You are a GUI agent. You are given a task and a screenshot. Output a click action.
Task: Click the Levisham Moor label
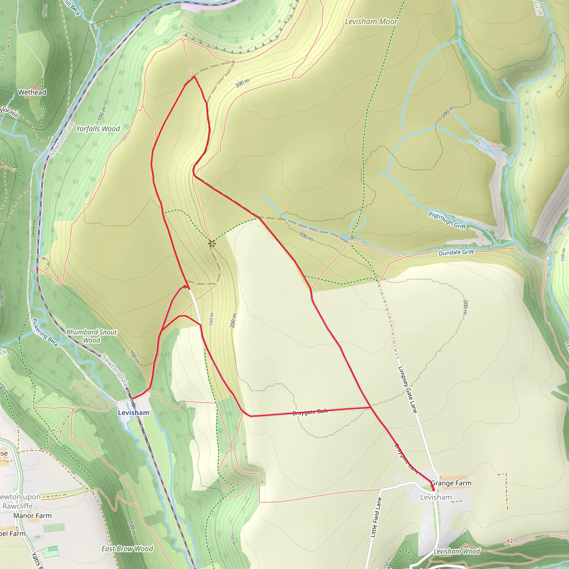371,21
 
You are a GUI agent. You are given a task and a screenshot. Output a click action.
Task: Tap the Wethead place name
32,92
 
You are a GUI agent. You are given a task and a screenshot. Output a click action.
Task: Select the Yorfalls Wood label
98,129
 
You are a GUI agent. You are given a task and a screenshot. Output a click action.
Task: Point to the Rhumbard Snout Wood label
92,336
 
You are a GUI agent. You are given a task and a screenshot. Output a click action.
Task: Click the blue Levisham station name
133,413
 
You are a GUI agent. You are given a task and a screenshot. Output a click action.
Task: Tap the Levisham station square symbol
133,405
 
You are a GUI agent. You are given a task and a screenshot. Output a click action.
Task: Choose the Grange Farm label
451,483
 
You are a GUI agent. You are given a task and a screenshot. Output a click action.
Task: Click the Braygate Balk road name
310,412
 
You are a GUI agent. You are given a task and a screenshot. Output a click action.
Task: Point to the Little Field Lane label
376,517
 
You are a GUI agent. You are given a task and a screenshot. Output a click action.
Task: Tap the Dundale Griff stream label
456,252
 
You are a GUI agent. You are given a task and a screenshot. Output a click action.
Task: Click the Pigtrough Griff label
447,220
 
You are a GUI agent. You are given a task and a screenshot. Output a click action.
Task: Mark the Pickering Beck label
45,333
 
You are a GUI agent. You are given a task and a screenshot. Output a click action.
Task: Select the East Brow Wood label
127,549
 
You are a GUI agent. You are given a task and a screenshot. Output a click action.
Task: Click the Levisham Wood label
457,551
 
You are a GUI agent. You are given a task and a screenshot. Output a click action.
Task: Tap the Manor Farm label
33,516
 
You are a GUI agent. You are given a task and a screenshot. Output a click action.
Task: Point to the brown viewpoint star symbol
212,244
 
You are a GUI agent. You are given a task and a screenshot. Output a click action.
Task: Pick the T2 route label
510,541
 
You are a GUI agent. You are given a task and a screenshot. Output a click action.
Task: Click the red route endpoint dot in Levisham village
433,490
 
